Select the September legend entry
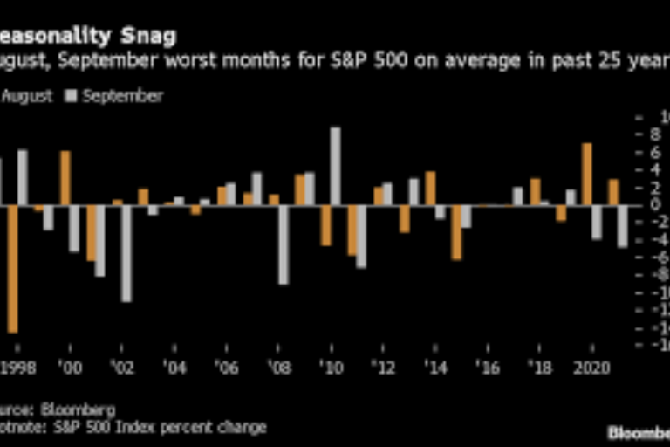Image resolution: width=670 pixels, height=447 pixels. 122,96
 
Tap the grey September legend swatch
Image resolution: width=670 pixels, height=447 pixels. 72,96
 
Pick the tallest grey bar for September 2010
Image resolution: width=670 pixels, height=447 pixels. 335,166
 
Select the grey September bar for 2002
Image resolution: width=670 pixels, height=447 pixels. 126,253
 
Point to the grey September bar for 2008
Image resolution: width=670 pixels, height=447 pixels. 284,244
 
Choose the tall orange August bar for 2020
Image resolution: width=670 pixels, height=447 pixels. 587,174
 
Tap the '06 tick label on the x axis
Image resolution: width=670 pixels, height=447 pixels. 226,368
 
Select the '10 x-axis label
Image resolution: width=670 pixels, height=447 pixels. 331,368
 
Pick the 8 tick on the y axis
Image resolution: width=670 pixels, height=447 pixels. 651,134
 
